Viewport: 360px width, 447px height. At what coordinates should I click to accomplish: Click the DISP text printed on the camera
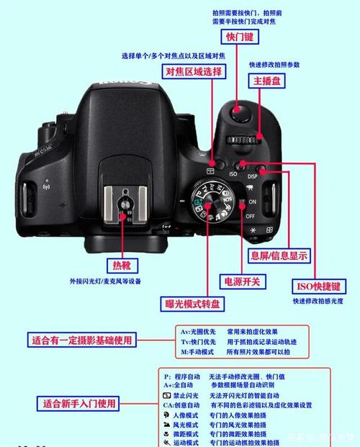point(253,176)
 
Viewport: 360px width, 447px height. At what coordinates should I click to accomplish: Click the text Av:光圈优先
point(196,331)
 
